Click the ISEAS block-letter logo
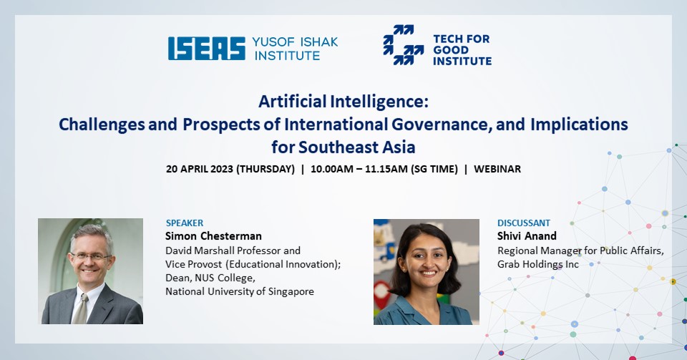click(206, 48)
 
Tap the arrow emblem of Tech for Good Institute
click(403, 45)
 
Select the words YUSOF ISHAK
click(295, 42)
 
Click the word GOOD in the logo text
click(450, 50)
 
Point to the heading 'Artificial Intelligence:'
click(343, 102)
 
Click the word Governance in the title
click(439, 125)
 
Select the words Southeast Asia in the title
click(356, 147)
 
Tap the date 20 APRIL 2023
click(200, 169)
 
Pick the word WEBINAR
click(497, 169)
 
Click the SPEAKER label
click(185, 223)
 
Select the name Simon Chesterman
click(213, 236)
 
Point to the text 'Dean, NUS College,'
click(210, 278)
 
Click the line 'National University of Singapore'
click(239, 292)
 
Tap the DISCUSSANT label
click(524, 223)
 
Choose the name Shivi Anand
click(527, 236)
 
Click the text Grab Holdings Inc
click(538, 265)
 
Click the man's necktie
click(81, 308)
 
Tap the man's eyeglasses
click(90, 257)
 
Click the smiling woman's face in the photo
click(424, 262)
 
